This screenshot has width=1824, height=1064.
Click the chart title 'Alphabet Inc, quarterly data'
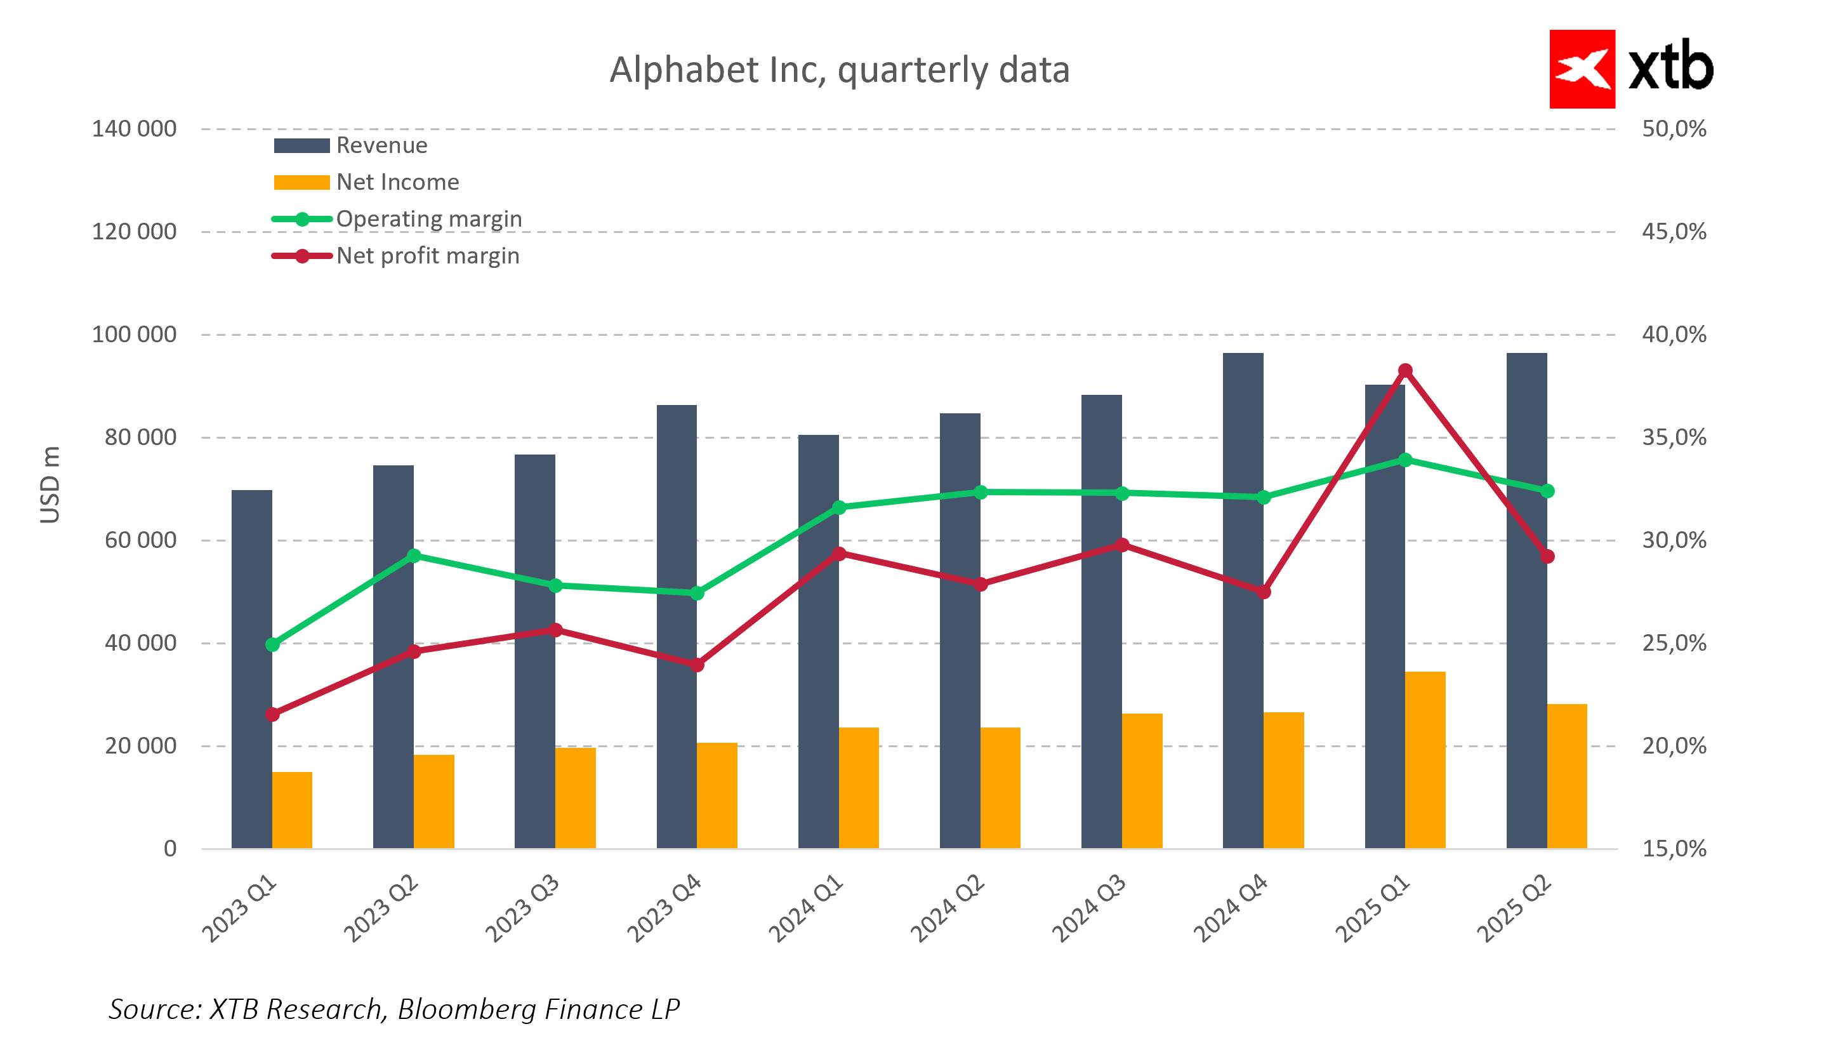pos(839,70)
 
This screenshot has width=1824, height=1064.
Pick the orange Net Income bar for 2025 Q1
pos(1424,759)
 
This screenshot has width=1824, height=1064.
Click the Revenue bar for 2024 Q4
pos(1242,601)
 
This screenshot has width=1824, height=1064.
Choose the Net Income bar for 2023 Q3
pos(575,797)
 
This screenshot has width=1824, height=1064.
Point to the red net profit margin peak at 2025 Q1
pos(1405,371)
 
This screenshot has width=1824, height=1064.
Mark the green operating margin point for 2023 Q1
pos(272,644)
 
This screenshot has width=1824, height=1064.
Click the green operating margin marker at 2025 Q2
pos(1547,491)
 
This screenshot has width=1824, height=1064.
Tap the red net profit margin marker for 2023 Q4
pos(696,665)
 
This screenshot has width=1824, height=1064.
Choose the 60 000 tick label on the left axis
pos(140,540)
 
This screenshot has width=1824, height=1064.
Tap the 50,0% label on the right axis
pos(1674,129)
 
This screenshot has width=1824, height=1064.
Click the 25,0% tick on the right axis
pos(1674,642)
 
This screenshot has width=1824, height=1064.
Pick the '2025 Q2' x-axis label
pos(1514,908)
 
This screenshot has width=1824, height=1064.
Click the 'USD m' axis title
pos(50,484)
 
